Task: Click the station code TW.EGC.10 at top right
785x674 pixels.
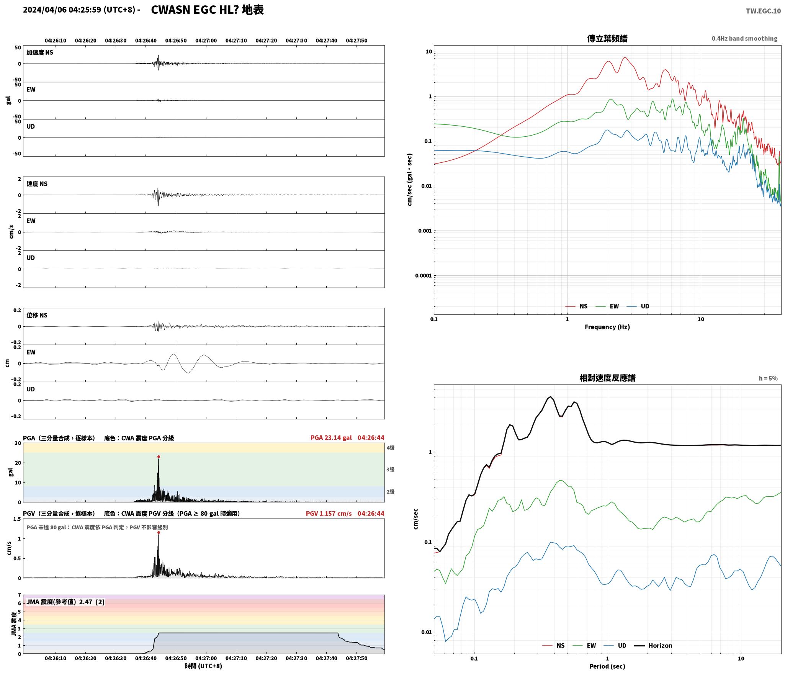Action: tap(763, 11)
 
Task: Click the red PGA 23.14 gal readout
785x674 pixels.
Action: tap(331, 438)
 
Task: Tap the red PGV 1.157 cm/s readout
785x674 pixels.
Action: tap(329, 514)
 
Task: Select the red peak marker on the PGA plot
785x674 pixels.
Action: tap(159, 456)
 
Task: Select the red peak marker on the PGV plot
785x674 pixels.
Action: tap(159, 532)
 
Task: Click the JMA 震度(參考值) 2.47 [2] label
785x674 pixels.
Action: tap(65, 602)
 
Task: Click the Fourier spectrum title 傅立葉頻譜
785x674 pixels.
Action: tap(607, 38)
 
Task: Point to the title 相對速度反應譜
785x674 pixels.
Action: tap(607, 378)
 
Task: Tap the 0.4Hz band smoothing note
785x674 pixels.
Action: tap(744, 39)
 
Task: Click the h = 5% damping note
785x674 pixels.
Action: tap(768, 378)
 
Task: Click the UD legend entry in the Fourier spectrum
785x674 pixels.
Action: tap(638, 306)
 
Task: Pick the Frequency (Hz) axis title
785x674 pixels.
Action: tap(607, 327)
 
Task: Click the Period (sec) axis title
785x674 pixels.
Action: tap(607, 666)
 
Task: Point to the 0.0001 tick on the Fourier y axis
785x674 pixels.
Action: tap(423, 276)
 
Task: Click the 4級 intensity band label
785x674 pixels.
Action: tap(390, 448)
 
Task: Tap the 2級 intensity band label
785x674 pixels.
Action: tap(390, 492)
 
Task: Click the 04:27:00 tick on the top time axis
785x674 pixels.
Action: tap(206, 41)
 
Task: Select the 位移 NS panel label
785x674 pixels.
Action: tap(37, 315)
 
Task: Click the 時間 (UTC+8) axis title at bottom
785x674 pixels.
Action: tap(203, 666)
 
